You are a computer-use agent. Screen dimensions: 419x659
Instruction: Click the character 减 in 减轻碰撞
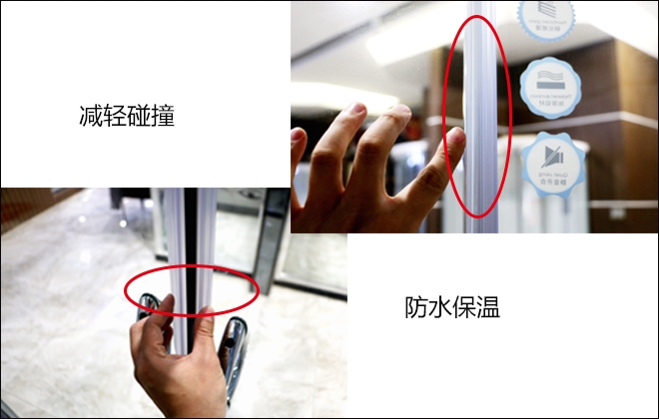pyautogui.click(x=89, y=115)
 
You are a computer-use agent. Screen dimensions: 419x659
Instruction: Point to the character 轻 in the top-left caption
pyautogui.click(x=114, y=115)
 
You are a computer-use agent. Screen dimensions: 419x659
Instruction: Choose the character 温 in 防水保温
pyautogui.click(x=490, y=306)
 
